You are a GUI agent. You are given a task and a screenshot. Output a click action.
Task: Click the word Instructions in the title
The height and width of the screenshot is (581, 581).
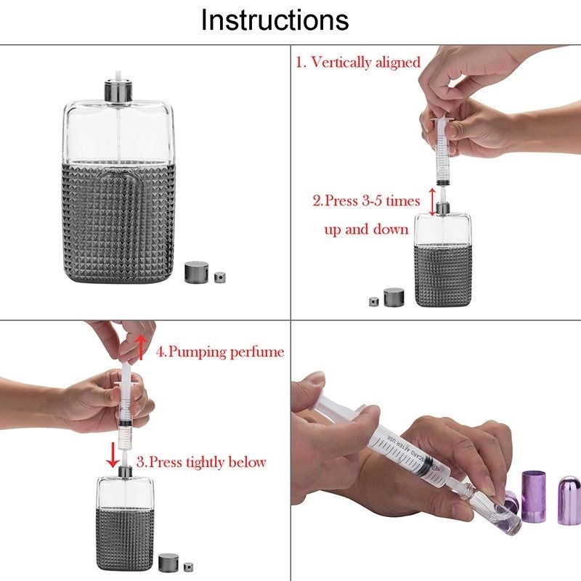[275, 20]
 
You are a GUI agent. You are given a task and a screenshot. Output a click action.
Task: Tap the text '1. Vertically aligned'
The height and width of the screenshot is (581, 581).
[358, 62]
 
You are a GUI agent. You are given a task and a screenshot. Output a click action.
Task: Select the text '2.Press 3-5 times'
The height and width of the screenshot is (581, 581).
[366, 201]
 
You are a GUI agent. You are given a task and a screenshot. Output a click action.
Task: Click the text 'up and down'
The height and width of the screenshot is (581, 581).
[366, 229]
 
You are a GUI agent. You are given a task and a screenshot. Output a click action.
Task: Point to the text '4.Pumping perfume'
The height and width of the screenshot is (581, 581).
[220, 352]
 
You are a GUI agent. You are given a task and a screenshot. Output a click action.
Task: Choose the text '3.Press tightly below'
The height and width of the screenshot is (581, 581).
[201, 462]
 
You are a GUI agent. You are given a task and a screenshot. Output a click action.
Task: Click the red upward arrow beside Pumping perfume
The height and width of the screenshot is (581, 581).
[140, 347]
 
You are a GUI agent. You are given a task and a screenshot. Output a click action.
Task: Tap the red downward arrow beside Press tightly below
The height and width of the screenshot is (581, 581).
[113, 454]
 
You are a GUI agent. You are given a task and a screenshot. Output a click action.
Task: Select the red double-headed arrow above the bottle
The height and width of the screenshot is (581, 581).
[432, 202]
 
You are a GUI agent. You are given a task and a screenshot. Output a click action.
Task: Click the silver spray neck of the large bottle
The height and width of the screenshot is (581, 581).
[118, 90]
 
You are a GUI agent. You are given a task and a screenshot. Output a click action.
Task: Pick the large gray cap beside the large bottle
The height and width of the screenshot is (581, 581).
[196, 272]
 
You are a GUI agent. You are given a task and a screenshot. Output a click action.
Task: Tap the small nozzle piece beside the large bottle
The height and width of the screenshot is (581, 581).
[220, 277]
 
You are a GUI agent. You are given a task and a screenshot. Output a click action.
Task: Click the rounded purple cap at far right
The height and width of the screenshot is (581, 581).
[569, 500]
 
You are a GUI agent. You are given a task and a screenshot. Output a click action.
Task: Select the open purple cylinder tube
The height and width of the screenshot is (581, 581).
[534, 495]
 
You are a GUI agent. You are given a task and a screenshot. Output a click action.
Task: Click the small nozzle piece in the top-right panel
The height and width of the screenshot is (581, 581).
[373, 301]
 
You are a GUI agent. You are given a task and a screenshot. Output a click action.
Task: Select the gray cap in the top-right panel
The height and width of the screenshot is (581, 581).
[394, 297]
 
